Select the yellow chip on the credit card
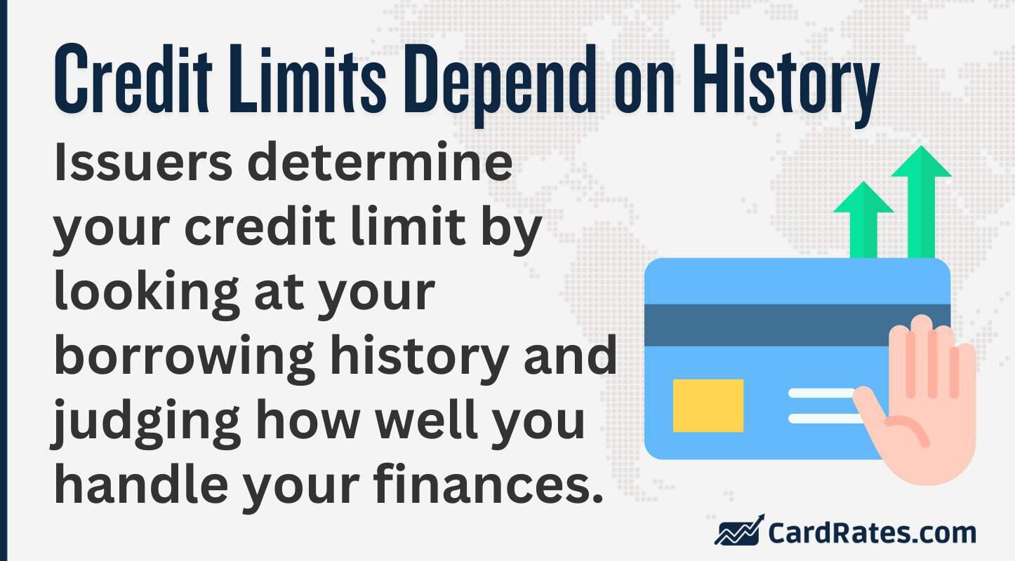(708, 405)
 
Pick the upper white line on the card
(821, 393)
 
